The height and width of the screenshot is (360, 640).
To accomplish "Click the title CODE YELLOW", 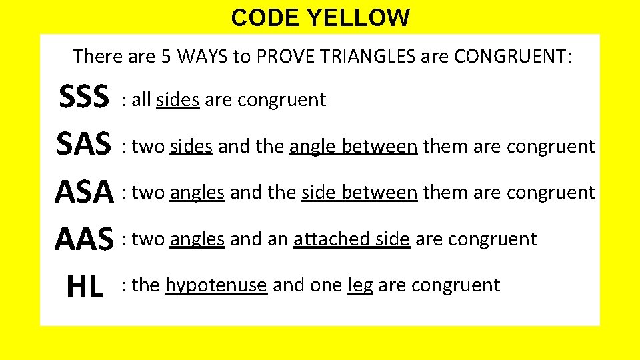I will pyautogui.click(x=320, y=17).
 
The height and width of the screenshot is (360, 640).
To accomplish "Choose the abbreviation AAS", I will pyautogui.click(x=84, y=239).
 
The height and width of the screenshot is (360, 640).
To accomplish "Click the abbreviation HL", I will pyautogui.click(x=85, y=285).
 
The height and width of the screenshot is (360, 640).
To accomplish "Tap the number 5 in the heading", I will pyautogui.click(x=167, y=56).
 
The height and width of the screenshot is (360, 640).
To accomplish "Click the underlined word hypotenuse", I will pyautogui.click(x=216, y=285).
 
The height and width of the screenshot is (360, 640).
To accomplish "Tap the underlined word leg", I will pyautogui.click(x=360, y=286).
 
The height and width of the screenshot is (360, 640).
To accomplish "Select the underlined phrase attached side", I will pyautogui.click(x=351, y=239).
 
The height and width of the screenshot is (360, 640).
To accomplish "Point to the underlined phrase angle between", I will pyautogui.click(x=353, y=146).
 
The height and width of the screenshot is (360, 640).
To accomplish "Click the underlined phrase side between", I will pyautogui.click(x=359, y=193).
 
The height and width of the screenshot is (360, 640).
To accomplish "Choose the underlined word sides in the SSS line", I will pyautogui.click(x=177, y=100).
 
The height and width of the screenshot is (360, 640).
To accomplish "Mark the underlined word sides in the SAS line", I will pyautogui.click(x=191, y=146).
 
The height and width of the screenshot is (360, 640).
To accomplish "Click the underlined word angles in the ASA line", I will pyautogui.click(x=197, y=193).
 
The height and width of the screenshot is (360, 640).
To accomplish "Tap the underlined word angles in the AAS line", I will pyautogui.click(x=197, y=239).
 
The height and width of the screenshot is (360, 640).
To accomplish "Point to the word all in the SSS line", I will pyautogui.click(x=141, y=100).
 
